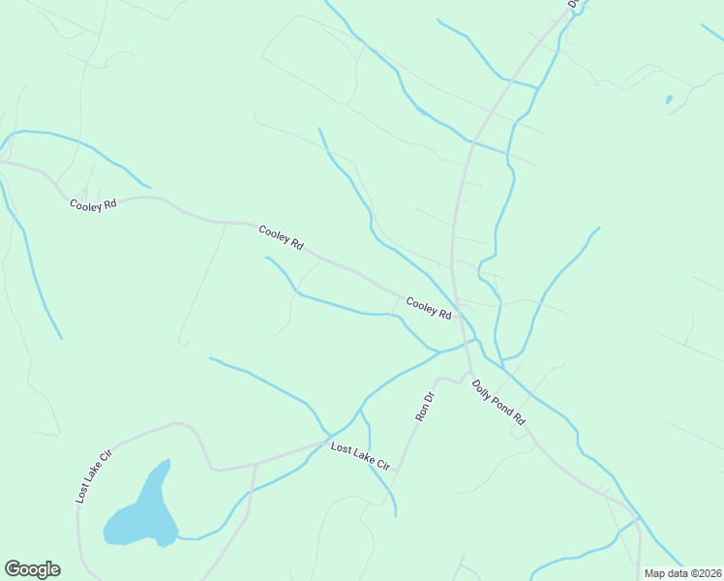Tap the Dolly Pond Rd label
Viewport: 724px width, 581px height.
click(498, 402)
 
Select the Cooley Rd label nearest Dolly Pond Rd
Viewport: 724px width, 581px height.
click(429, 308)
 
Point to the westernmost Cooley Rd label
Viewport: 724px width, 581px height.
click(93, 204)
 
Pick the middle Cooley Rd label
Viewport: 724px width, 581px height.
click(281, 237)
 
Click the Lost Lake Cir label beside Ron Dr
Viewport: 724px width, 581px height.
click(360, 456)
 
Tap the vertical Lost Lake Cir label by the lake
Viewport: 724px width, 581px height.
click(94, 475)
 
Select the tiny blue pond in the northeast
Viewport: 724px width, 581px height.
click(668, 99)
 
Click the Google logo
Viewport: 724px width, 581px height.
click(32, 569)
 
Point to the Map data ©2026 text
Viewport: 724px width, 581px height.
click(682, 573)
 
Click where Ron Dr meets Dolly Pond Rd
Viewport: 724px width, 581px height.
click(468, 373)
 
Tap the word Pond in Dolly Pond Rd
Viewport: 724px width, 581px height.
click(500, 404)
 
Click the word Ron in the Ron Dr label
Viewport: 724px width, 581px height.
click(420, 414)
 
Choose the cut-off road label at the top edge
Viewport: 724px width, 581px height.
click(573, 4)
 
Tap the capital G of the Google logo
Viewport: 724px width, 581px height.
click(13, 569)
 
